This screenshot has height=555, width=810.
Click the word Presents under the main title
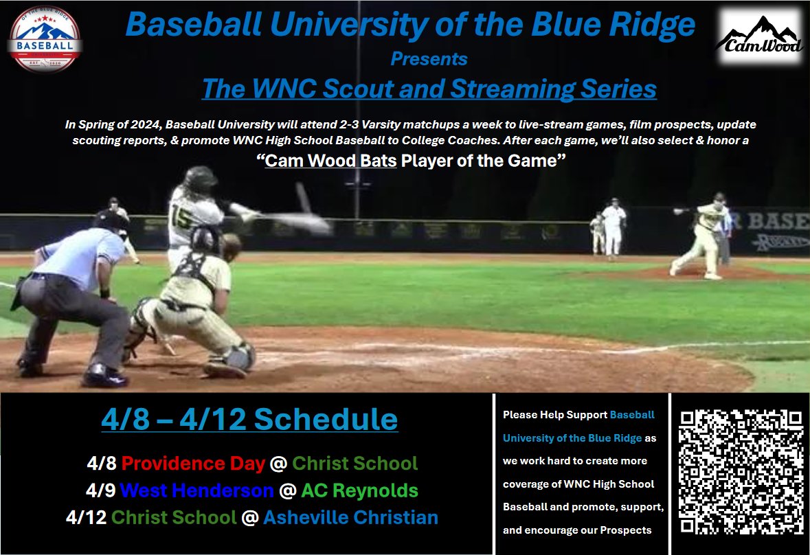[429, 59]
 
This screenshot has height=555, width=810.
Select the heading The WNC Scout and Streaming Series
[429, 89]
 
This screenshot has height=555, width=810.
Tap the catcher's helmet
[206, 240]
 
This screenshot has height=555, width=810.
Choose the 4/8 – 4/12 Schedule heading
[249, 419]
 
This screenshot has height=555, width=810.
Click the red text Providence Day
[193, 464]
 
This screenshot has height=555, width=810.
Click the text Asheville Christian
[350, 517]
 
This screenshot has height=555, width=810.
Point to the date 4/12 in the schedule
[87, 517]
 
